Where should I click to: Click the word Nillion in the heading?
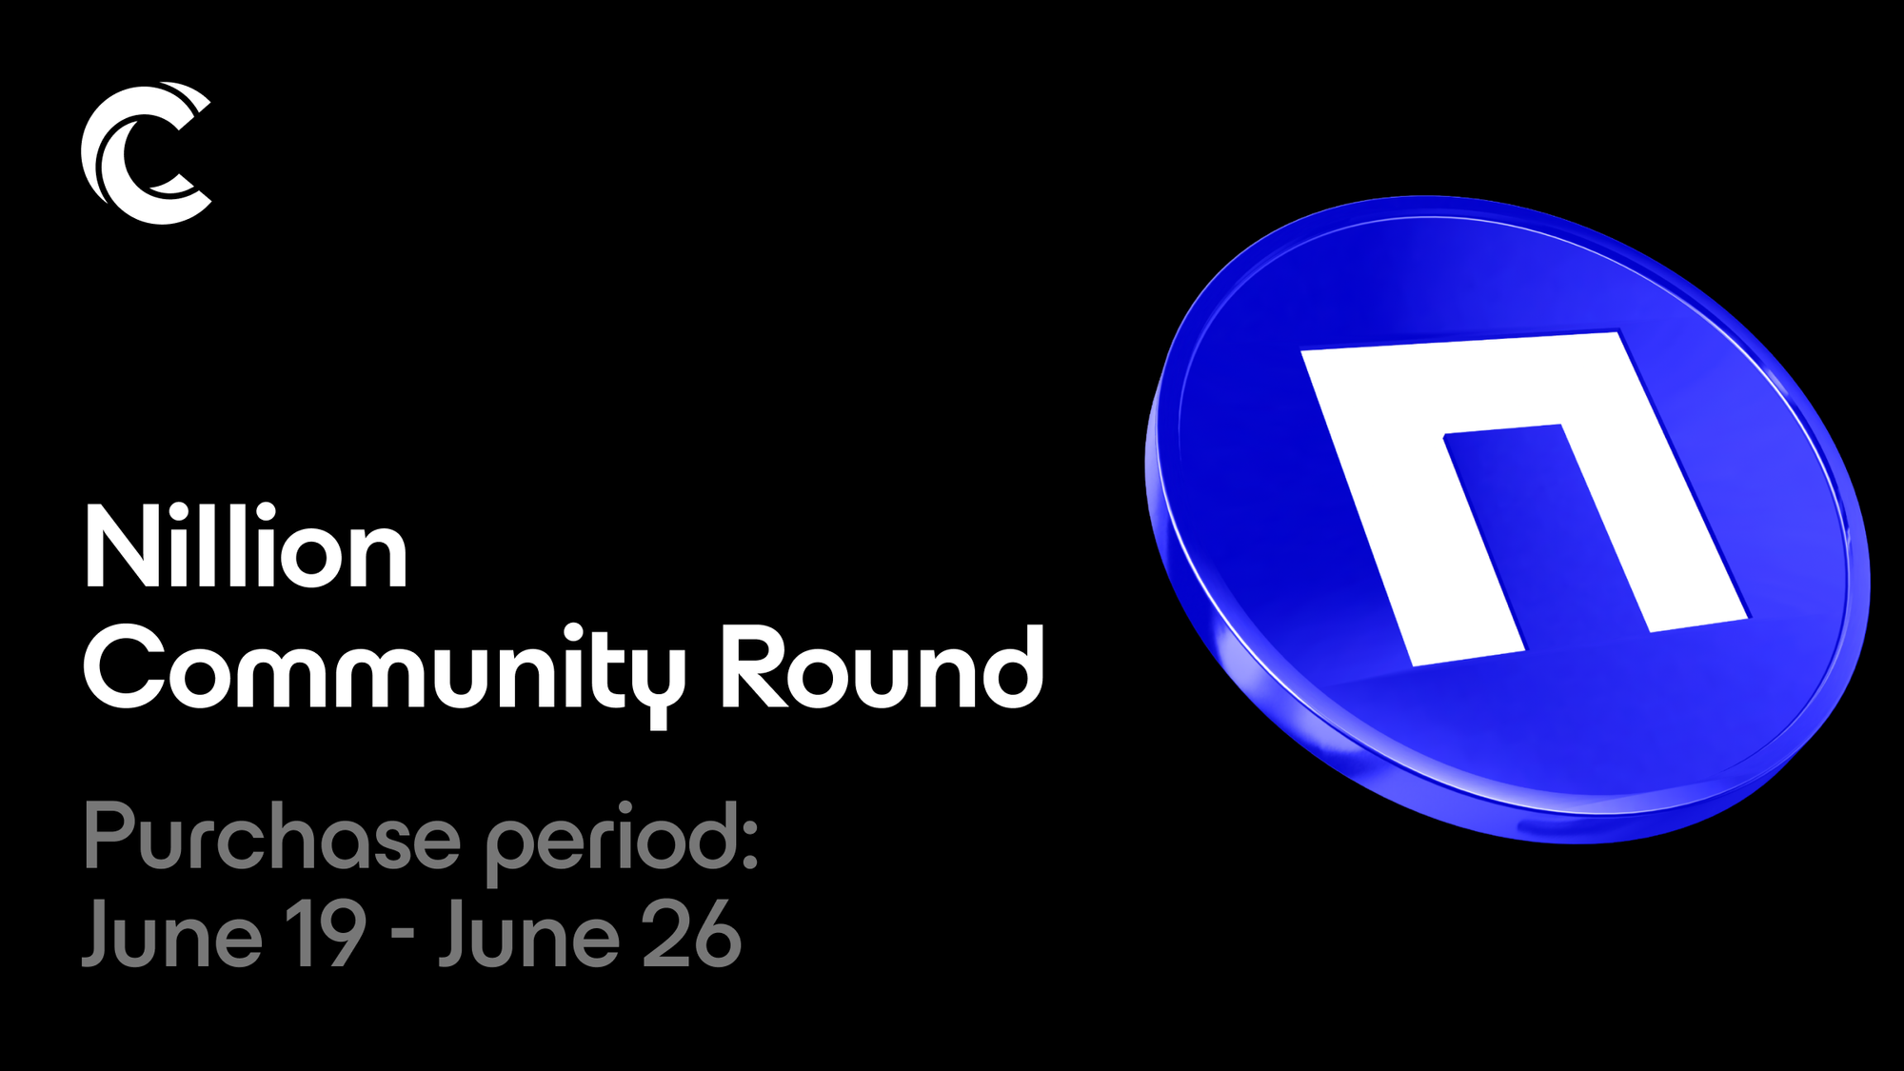click(247, 547)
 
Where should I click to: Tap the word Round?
click(882, 667)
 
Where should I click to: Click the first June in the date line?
click(172, 934)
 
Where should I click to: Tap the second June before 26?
click(529, 934)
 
